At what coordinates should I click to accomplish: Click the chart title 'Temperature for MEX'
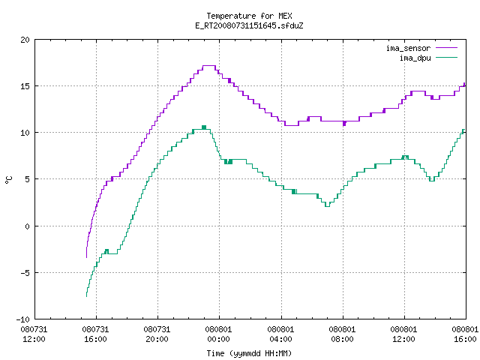pos(249,16)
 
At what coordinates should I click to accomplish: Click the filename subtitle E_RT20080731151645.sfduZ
pos(249,25)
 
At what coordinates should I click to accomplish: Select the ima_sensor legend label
pos(408,48)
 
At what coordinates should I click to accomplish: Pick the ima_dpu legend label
pos(415,58)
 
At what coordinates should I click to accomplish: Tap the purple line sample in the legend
pos(447,48)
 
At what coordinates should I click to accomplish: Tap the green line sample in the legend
pos(447,57)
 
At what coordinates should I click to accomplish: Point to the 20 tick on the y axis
pos(25,40)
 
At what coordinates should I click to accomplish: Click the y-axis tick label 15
pos(25,86)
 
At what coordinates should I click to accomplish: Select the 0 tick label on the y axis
pos(28,226)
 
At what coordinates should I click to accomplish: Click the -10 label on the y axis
pos(22,319)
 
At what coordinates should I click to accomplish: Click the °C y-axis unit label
pos(8,180)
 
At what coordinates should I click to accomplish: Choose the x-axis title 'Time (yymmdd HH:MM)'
pos(249,353)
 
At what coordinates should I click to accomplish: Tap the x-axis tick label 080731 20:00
pos(157,334)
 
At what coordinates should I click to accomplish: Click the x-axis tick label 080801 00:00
pos(218,334)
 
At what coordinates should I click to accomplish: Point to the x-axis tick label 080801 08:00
pos(342,334)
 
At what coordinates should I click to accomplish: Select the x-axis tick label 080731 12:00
pos(34,334)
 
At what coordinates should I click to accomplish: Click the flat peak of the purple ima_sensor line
pos(209,65)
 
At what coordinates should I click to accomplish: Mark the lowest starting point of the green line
pos(87,296)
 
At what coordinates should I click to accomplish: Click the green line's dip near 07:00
pos(327,206)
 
